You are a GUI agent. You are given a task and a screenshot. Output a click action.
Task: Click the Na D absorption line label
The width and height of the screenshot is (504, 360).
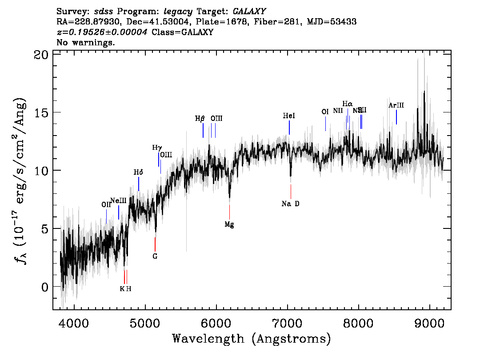(291, 204)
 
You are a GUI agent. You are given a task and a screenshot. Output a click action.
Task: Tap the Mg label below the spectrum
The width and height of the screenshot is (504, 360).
(229, 224)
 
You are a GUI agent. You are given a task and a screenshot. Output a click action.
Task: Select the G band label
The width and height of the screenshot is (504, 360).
(155, 256)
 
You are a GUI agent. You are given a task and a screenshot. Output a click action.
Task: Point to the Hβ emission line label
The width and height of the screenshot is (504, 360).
(200, 119)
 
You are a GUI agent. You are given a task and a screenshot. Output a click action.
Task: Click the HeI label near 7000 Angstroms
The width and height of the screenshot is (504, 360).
(289, 116)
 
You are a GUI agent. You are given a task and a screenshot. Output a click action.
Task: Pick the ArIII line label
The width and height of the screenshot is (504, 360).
(396, 105)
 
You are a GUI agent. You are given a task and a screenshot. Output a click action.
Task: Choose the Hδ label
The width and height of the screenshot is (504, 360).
(139, 172)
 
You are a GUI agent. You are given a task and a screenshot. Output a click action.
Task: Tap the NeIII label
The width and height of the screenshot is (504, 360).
(119, 200)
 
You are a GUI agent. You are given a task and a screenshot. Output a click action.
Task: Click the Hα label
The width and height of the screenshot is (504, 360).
(348, 104)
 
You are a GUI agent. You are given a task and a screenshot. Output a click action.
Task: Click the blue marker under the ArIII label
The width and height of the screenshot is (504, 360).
(396, 117)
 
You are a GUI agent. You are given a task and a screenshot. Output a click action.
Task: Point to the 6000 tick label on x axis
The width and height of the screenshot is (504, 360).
(216, 322)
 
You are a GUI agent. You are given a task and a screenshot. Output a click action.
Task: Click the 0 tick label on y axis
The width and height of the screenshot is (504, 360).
(44, 287)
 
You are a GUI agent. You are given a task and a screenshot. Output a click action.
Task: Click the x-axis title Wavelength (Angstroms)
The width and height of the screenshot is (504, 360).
(252, 339)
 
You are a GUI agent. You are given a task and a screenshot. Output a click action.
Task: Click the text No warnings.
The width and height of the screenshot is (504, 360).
(86, 43)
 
